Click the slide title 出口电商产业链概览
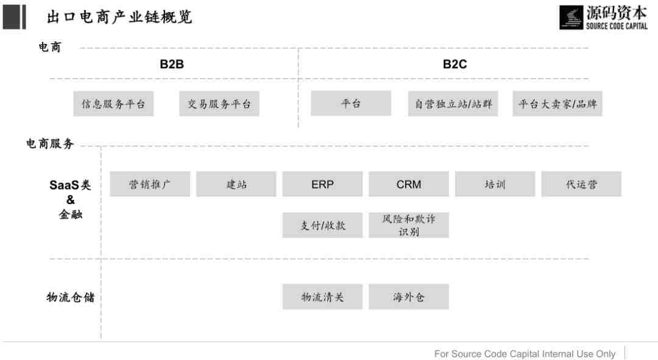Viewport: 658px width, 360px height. click(119, 17)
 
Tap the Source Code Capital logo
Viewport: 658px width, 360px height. click(603, 17)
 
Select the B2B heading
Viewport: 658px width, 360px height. click(172, 64)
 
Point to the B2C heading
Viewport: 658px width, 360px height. click(455, 64)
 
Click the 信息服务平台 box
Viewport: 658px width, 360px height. click(113, 104)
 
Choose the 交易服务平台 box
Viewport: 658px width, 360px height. click(219, 104)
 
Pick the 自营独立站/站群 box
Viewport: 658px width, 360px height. click(453, 104)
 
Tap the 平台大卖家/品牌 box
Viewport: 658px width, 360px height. click(557, 104)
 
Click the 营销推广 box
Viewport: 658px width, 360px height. click(150, 184)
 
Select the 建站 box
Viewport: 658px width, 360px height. click(236, 184)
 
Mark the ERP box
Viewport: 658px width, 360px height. click(322, 184)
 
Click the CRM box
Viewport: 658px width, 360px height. click(409, 184)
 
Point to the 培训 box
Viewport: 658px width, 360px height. click(495, 184)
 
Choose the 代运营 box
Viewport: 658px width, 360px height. click(581, 184)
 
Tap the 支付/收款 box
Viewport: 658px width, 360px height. click(322, 225)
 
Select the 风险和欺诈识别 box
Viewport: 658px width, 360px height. click(409, 225)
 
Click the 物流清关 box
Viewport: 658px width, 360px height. click(322, 297)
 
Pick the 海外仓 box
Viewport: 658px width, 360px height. click(409, 297)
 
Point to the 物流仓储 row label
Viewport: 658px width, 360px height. click(71, 297)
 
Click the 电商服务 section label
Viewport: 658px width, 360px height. click(50, 144)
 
